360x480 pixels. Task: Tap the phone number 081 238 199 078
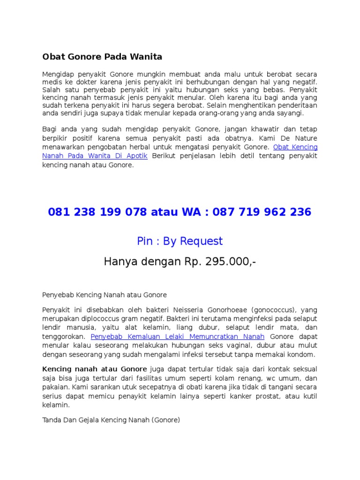click(x=97, y=212)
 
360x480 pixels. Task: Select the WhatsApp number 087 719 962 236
click(x=262, y=212)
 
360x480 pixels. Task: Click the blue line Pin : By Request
click(x=180, y=241)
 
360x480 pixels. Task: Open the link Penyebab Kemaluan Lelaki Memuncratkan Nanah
click(x=178, y=337)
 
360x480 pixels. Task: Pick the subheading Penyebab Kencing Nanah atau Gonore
click(x=105, y=295)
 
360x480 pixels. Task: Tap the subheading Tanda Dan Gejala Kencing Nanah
click(x=111, y=407)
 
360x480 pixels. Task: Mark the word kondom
click(x=303, y=354)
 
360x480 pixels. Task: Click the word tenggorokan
click(x=64, y=337)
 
